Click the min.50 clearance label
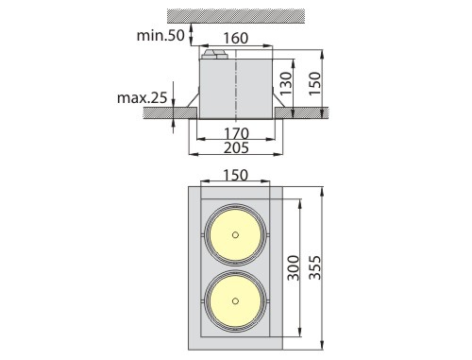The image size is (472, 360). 160,35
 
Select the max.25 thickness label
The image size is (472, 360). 142,98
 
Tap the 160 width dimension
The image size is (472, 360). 236,38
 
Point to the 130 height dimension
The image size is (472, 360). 286,83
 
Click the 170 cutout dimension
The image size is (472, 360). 236,133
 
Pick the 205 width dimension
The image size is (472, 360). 236,147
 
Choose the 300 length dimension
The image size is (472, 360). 294,267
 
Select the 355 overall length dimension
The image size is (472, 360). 314,267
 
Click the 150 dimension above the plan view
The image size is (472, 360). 235,175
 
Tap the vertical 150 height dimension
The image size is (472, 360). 314,84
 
